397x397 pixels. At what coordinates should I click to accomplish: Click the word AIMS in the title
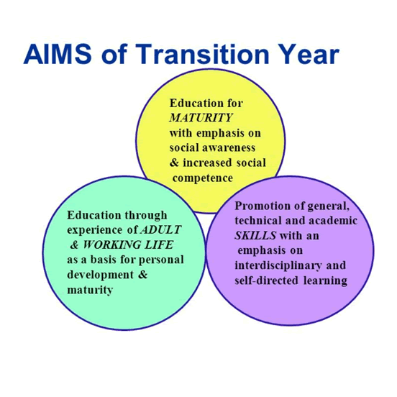click(x=58, y=54)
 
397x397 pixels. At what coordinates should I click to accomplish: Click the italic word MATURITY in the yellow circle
click(x=201, y=118)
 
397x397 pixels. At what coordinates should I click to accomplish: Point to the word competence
click(x=203, y=178)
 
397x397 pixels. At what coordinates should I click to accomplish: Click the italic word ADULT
click(x=160, y=229)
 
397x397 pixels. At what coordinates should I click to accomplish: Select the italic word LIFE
click(x=159, y=245)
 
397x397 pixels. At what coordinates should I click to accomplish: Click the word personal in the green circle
click(x=161, y=260)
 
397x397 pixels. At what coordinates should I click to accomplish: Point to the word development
click(x=100, y=275)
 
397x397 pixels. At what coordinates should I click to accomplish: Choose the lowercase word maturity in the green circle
click(x=90, y=290)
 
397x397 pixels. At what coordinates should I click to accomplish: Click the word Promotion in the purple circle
click(x=263, y=206)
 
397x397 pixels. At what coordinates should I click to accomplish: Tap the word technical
click(x=258, y=221)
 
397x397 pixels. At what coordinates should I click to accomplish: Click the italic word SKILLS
click(x=255, y=236)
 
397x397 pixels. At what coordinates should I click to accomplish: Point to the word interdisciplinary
click(x=278, y=265)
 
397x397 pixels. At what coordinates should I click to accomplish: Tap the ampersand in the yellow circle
click(x=174, y=163)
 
